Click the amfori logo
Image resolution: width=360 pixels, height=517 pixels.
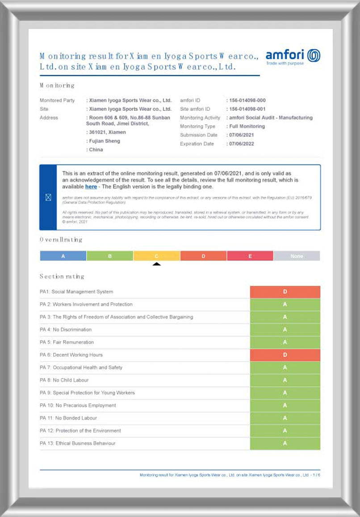[x=293, y=56]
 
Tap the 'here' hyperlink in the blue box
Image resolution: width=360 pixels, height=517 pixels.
[x=91, y=187]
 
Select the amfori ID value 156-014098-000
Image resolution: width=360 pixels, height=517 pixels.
[x=247, y=100]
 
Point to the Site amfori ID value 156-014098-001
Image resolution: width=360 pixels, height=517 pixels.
[x=247, y=109]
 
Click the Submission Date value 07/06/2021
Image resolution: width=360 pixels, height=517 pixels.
[x=242, y=135]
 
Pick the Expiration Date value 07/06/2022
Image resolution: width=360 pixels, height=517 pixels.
[x=242, y=144]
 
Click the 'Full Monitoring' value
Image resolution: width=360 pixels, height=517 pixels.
[x=247, y=126]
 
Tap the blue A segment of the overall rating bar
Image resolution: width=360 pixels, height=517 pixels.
[x=63, y=256]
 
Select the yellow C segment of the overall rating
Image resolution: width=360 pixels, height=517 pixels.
[x=156, y=256]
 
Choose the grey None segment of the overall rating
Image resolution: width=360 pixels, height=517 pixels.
[x=297, y=256]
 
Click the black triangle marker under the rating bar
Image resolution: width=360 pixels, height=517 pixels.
[x=156, y=264]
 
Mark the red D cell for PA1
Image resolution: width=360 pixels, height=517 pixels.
[x=285, y=292]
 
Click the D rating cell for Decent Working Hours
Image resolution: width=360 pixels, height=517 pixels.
[x=285, y=355]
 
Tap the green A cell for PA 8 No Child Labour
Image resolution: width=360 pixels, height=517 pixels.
[x=285, y=380]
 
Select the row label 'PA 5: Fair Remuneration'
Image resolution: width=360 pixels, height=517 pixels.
[x=67, y=342]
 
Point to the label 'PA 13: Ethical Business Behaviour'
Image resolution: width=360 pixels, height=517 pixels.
[x=78, y=443]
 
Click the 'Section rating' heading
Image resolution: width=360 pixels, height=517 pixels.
[x=62, y=276]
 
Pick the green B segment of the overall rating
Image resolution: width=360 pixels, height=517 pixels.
[x=110, y=256]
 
